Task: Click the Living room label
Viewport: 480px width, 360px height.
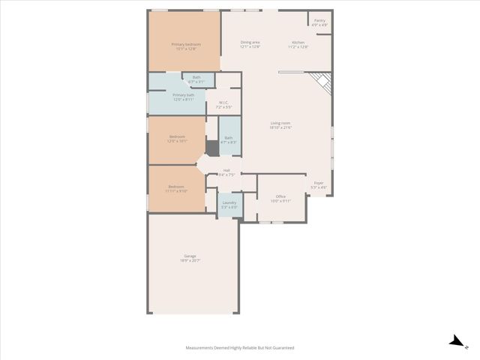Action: pos(280,124)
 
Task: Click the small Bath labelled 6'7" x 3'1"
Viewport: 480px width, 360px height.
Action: pos(196,79)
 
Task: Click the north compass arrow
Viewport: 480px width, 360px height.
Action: pos(454,341)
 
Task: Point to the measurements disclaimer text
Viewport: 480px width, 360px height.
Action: pos(240,348)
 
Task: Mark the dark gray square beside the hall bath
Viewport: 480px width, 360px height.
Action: pos(212,148)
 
